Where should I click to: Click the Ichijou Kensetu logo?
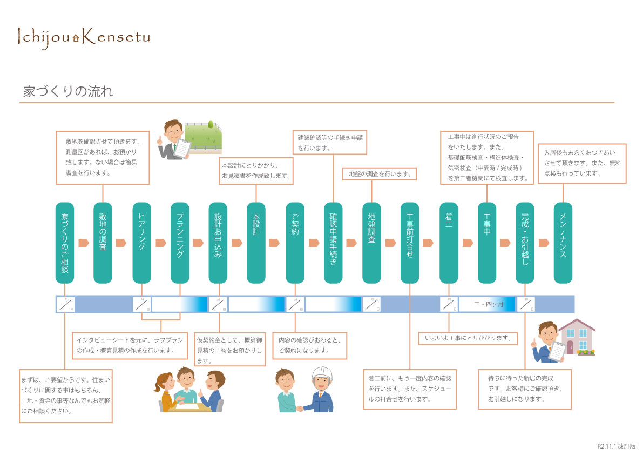(84, 37)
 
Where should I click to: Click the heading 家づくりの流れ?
(68, 91)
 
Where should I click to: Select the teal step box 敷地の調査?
(103, 243)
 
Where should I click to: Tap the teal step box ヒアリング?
(142, 243)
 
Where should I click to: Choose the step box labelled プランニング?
(180, 243)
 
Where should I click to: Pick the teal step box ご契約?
(295, 243)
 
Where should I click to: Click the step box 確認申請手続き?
(333, 243)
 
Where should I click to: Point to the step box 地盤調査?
(371, 243)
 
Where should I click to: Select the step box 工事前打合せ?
(410, 243)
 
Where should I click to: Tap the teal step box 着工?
(449, 243)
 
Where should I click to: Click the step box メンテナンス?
(563, 243)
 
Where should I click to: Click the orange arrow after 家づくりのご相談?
(84, 243)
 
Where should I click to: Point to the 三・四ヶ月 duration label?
(488, 305)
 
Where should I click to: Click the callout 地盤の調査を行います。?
(380, 174)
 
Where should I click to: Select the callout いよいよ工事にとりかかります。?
(468, 338)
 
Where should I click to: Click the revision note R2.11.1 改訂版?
(617, 446)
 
